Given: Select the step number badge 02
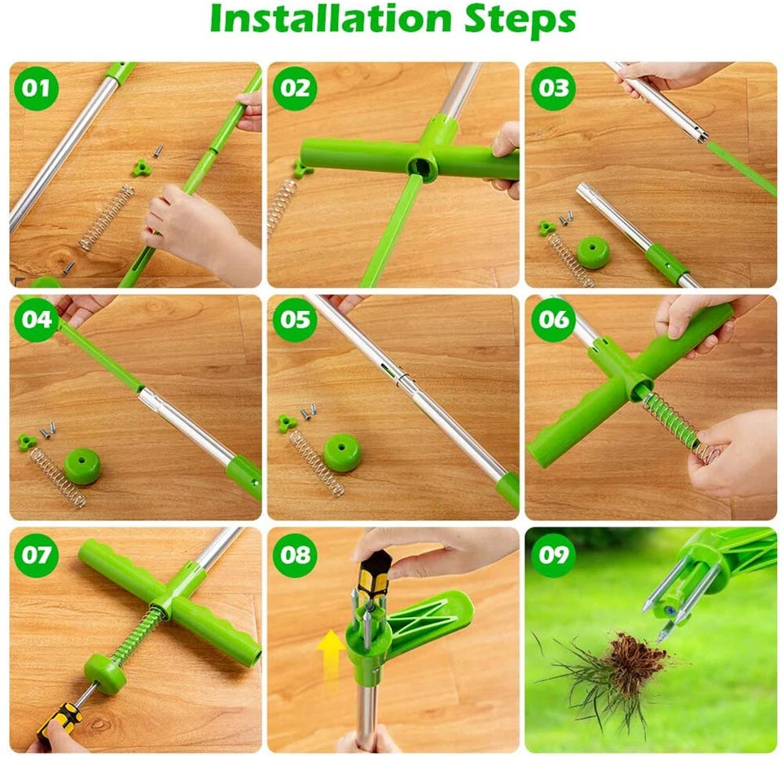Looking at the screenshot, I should pyautogui.click(x=294, y=88).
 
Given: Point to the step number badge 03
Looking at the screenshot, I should pyautogui.click(x=553, y=88).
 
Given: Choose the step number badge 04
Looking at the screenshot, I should pyautogui.click(x=36, y=319).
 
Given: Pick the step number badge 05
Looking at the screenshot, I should pyautogui.click(x=294, y=319).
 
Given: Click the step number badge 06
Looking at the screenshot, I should pyautogui.click(x=553, y=319).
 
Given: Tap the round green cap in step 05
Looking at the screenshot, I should pyautogui.click(x=342, y=453).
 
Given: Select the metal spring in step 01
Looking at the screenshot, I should pyautogui.click(x=106, y=217).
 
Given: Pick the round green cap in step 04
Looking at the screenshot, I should pyautogui.click(x=82, y=466).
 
